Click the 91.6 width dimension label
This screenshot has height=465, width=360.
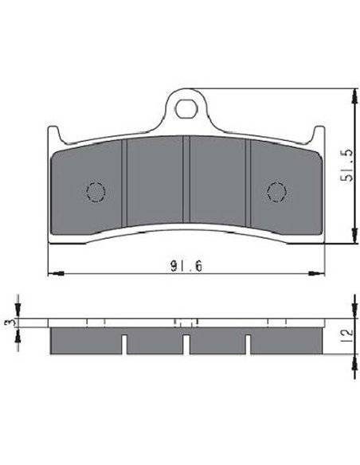186,266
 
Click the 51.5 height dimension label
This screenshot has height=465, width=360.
346,165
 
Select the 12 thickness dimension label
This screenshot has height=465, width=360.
347,336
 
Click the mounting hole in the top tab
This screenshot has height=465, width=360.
186,108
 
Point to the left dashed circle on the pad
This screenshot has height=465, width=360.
96,192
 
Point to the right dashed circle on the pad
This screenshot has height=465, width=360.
276,192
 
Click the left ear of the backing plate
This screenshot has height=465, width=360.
54,134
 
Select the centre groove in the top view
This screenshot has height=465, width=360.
186,179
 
